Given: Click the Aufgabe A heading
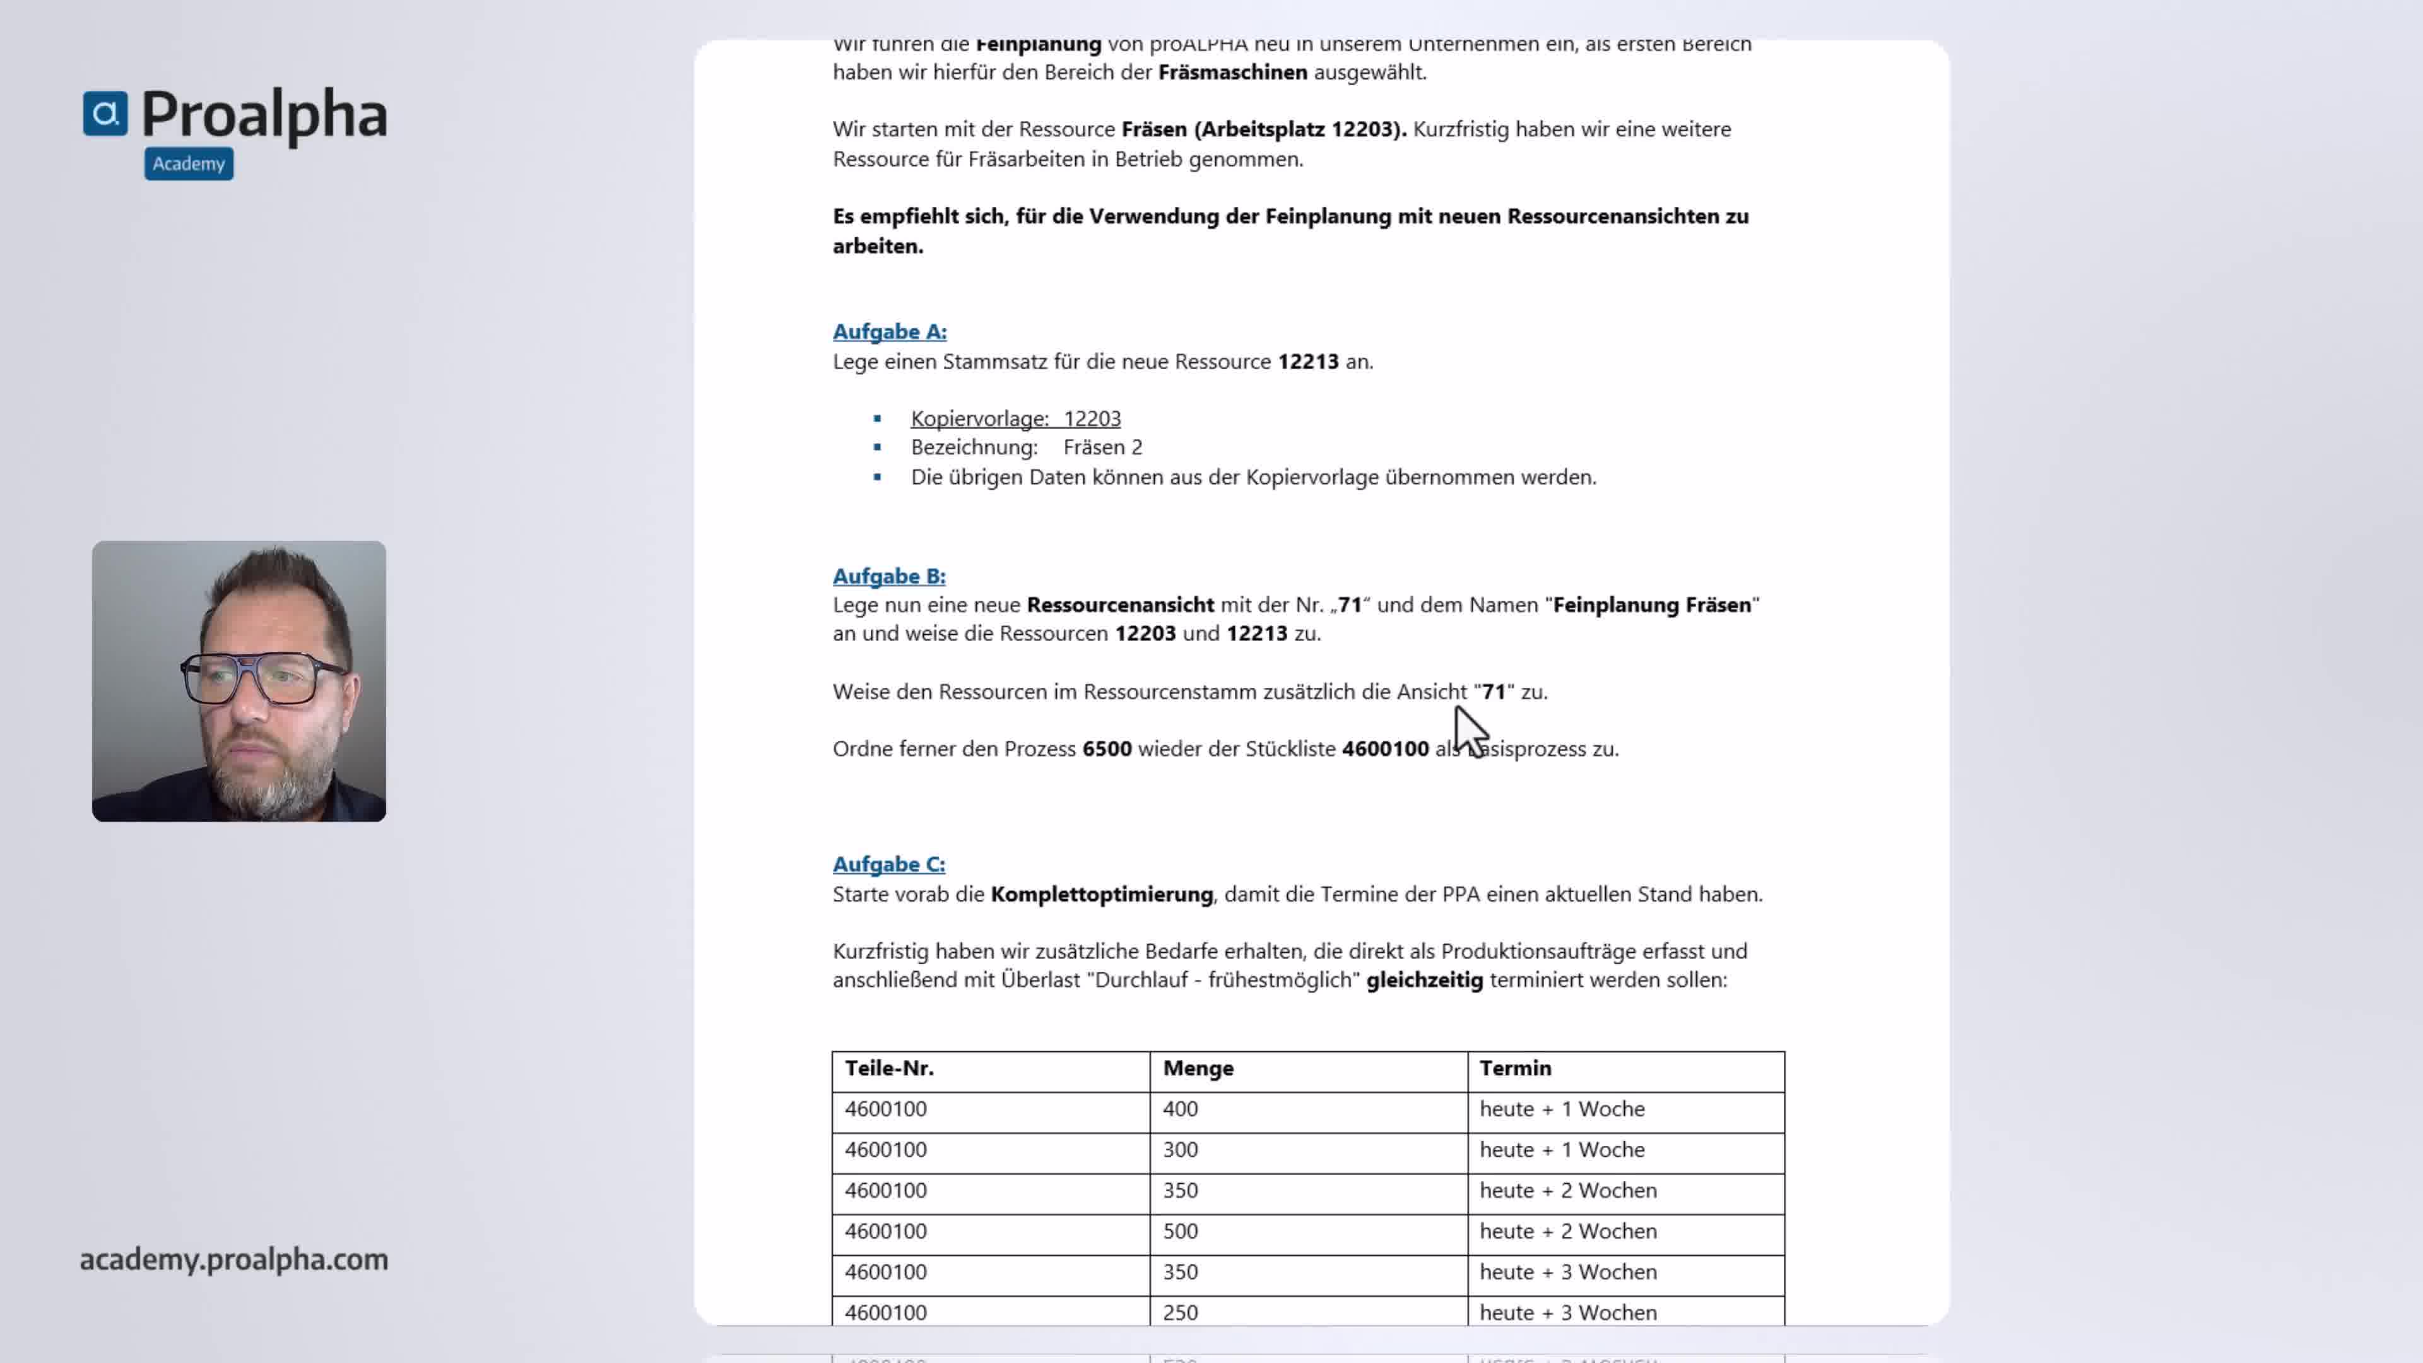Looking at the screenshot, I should tap(889, 332).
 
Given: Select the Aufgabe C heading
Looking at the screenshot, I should tap(889, 864).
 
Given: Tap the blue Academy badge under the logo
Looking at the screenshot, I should tap(189, 163).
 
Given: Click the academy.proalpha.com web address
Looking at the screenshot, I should tap(233, 1259).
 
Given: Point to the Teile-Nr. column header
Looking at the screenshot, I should tap(889, 1068).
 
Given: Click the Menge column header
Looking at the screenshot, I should tap(1198, 1068).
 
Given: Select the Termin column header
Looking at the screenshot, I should tap(1514, 1068).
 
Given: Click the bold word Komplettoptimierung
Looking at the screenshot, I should tap(1102, 895).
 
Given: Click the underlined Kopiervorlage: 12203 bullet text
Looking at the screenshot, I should tap(1015, 418).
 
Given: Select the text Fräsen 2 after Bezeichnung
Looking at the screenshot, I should tap(1102, 448).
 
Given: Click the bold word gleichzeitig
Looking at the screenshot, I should tap(1424, 980).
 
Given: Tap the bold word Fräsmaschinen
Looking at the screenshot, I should tap(1232, 73).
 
